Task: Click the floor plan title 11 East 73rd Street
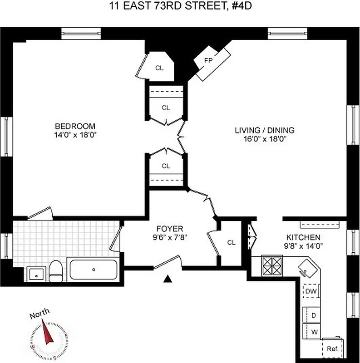point(180,6)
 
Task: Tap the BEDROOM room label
point(75,126)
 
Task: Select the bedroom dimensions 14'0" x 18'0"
point(75,135)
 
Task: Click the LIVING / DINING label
point(264,130)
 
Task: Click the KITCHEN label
point(303,237)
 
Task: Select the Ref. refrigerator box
point(333,349)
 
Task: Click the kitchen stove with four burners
point(272,266)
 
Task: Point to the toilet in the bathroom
point(56,271)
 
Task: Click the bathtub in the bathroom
point(94,270)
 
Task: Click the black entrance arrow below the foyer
point(168,279)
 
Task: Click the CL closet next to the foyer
point(231,242)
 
